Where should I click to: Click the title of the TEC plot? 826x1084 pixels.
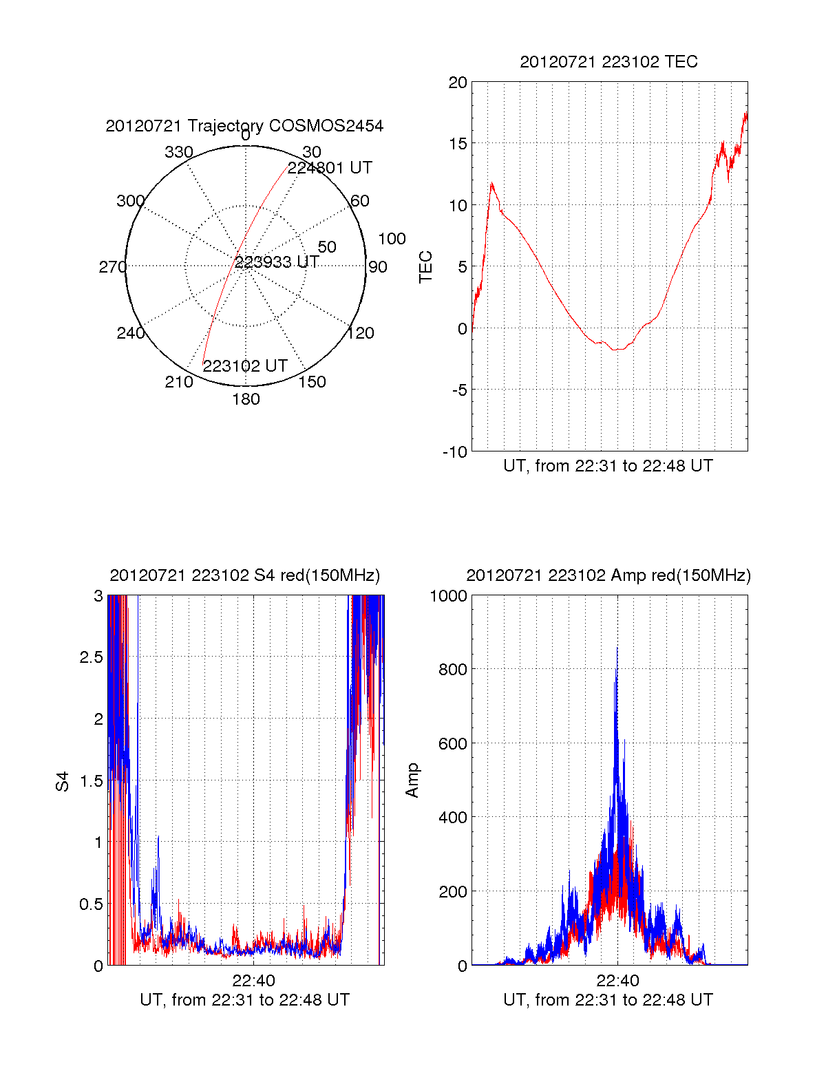point(608,62)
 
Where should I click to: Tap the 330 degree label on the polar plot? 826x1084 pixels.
point(179,152)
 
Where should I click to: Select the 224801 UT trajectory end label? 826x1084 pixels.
point(330,168)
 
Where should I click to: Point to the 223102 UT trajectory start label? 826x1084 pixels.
point(245,366)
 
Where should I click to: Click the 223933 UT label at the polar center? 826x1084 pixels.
point(277,262)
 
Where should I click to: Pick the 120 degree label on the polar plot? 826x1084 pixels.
point(361,334)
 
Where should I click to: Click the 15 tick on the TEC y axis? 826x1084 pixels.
point(458,144)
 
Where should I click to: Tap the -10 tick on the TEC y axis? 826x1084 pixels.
point(454,452)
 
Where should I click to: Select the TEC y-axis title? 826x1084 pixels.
point(426,267)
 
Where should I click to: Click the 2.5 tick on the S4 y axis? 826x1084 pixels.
point(91,657)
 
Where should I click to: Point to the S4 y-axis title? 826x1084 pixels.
point(63,781)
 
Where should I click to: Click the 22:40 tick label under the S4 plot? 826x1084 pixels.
point(253,981)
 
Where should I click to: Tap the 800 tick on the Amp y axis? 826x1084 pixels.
point(453,669)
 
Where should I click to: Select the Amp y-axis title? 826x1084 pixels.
point(412,780)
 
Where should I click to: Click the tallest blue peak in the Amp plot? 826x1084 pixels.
point(617,648)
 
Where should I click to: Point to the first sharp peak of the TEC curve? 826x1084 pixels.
point(491,183)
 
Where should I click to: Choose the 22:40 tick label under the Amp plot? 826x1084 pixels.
point(617,981)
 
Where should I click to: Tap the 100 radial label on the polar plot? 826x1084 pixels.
point(392,239)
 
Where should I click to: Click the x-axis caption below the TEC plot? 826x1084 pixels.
point(608,466)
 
